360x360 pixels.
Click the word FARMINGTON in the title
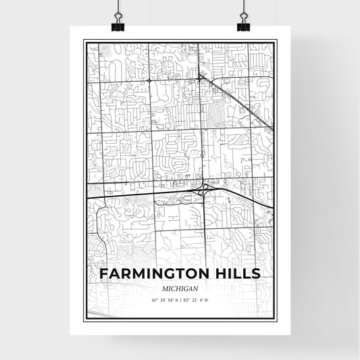pos(153,274)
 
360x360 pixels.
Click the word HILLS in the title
pos(236,274)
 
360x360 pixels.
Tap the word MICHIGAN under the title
pos(180,287)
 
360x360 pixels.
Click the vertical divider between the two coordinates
pos(180,299)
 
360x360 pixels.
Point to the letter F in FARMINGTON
pos(104,274)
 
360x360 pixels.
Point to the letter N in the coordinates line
pos(176,299)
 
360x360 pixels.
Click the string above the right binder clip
pos(243,8)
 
